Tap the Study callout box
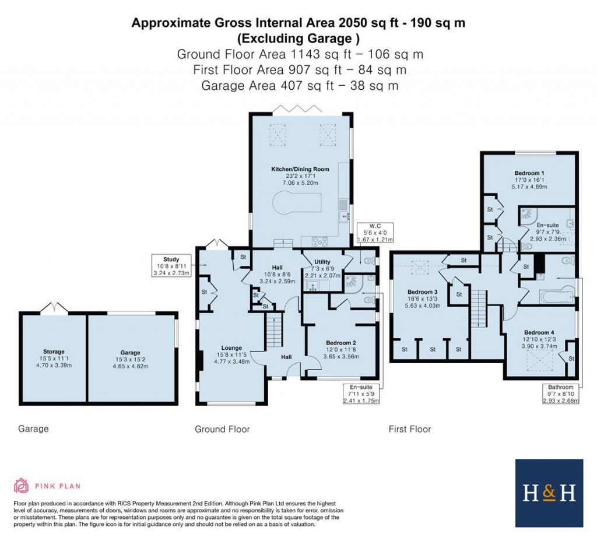(x=172, y=265)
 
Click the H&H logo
(x=549, y=493)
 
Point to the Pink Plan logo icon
(x=21, y=486)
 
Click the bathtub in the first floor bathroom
(x=558, y=297)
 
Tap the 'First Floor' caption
(x=410, y=429)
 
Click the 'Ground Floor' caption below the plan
(x=222, y=429)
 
